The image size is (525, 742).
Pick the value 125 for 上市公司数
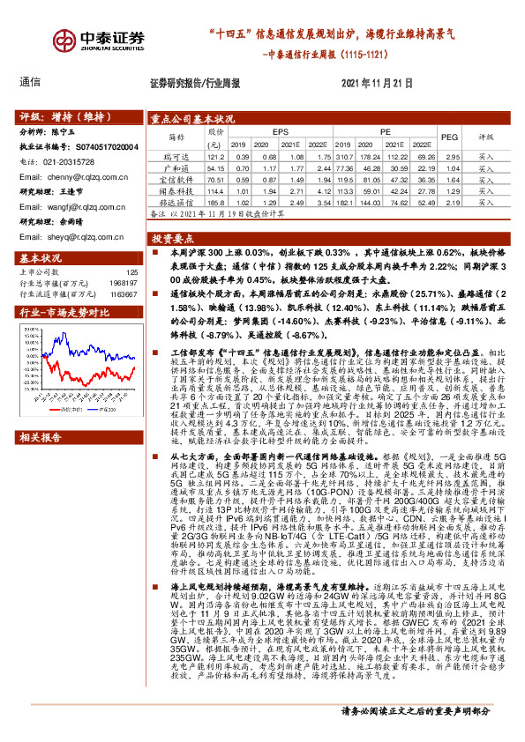pos(132,272)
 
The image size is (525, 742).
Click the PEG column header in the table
pos(450,137)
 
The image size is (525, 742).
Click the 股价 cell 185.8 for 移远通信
pos(212,201)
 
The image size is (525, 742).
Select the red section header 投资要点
pos(173,239)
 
